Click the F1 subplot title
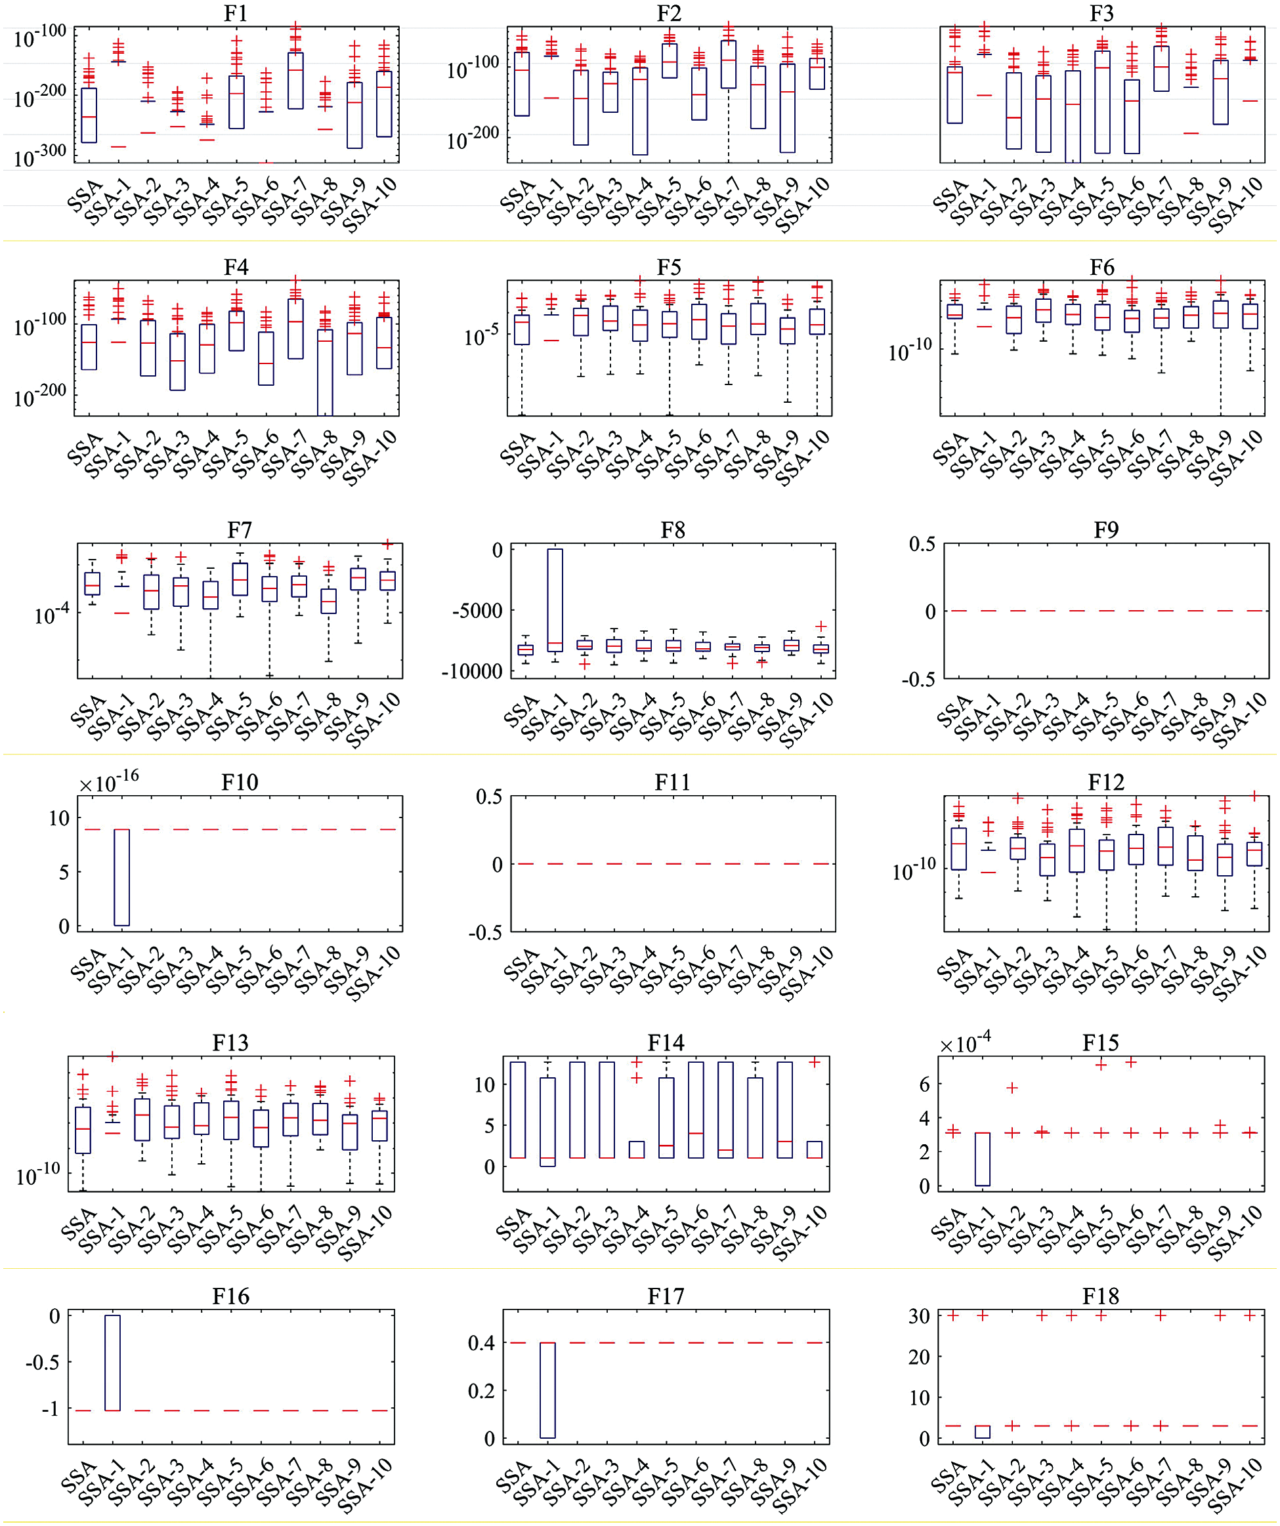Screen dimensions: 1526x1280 click(236, 13)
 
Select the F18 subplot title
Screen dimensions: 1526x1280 click(1100, 1296)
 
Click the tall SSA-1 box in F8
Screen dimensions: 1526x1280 click(555, 600)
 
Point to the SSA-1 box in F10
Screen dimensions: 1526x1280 click(121, 877)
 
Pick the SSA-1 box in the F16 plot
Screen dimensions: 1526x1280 click(113, 1363)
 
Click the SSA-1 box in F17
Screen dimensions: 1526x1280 click(547, 1390)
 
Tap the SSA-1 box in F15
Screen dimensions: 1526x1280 click(982, 1159)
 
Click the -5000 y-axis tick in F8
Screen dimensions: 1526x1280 click(477, 610)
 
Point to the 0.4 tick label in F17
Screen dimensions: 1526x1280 click(481, 1343)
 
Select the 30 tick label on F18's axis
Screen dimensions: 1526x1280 click(919, 1316)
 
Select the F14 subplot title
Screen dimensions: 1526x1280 click(666, 1042)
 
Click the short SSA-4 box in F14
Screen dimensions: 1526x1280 click(637, 1149)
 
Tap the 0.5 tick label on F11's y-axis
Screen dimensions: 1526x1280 click(488, 796)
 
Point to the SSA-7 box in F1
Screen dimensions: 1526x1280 click(295, 81)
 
